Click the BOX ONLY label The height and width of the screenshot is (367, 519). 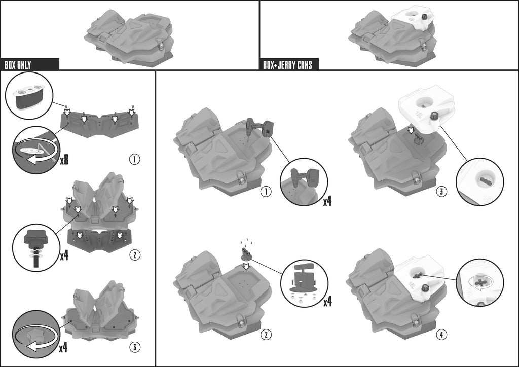click(x=18, y=65)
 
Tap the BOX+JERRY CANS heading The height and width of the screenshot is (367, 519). click(x=288, y=65)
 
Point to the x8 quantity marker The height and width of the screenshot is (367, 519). click(x=64, y=160)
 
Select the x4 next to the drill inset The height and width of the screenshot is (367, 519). click(x=327, y=201)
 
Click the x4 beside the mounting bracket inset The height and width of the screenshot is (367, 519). click(x=327, y=302)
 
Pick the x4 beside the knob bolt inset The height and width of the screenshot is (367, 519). click(x=64, y=255)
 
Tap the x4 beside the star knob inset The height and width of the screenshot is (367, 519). click(x=63, y=348)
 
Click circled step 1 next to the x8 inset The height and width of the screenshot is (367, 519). click(x=134, y=160)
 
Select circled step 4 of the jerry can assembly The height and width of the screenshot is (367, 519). click(x=441, y=335)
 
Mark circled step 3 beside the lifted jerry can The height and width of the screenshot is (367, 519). click(x=441, y=191)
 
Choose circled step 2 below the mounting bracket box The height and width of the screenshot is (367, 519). click(x=266, y=335)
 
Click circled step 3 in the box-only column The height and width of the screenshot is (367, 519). click(x=134, y=347)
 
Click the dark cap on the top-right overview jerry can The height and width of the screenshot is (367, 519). click(x=424, y=17)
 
